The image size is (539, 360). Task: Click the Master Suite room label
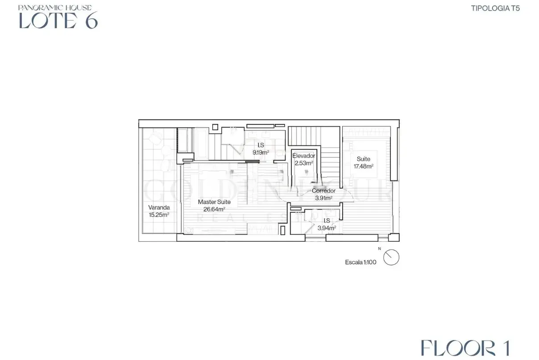point(214,202)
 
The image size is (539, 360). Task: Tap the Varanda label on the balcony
point(159,207)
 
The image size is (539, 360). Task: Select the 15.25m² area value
point(159,215)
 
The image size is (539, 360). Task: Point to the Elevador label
point(304,156)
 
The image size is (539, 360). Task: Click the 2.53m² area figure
point(304,163)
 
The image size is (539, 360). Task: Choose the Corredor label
point(323,191)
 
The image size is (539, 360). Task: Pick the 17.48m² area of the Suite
point(363,166)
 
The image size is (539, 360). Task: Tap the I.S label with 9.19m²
point(261,145)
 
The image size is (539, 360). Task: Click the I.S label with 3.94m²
point(327,221)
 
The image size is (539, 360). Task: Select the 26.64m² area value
point(214,209)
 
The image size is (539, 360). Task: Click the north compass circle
point(391,257)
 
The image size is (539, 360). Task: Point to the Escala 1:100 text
point(361,262)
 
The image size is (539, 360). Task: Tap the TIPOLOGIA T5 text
point(495,8)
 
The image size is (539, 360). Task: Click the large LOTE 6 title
point(58,20)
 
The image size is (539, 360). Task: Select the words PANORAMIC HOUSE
point(55,8)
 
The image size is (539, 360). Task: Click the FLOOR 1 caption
point(465,348)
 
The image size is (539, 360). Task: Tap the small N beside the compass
point(379,248)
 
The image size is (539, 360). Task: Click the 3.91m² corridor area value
point(323,198)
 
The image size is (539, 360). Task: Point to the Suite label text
point(363,159)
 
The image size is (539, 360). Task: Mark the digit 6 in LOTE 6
point(91,20)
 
